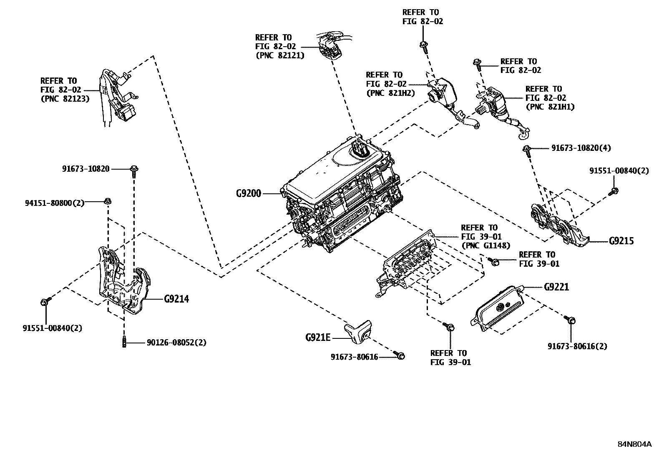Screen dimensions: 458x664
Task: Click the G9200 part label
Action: coord(248,193)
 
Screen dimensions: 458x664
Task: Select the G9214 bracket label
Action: coord(176,299)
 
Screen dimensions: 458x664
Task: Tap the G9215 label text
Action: coord(621,241)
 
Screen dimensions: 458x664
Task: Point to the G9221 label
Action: coord(556,287)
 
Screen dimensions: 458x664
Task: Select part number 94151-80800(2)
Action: coord(54,203)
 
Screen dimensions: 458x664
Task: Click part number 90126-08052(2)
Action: coord(176,343)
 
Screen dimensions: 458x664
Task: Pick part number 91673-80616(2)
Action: coord(577,346)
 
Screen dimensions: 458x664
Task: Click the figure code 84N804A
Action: coord(634,444)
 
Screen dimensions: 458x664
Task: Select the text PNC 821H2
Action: coord(390,93)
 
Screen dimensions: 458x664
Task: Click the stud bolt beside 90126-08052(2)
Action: coord(124,342)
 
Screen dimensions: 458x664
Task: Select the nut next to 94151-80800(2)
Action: coord(107,202)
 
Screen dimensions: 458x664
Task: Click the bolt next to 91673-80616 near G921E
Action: coord(400,355)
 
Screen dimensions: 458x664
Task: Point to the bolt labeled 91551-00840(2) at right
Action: coord(615,191)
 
